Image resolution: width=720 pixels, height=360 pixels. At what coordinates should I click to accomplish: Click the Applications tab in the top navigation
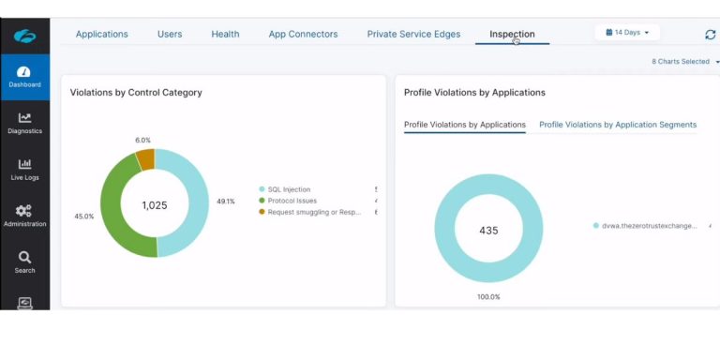pos(101,35)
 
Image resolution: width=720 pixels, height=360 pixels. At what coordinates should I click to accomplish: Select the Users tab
pos(170,35)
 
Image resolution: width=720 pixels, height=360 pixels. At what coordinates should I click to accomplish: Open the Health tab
pos(225,35)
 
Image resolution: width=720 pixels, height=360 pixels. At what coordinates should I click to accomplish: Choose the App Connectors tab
pos(303,35)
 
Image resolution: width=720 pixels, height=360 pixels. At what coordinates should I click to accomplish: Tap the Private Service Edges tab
pos(413,35)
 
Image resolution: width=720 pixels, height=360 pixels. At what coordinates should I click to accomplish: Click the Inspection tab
pos(512,35)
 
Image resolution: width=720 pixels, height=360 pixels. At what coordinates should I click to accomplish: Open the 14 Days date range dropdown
pos(627,33)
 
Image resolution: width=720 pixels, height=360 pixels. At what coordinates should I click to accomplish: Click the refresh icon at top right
pos(710,35)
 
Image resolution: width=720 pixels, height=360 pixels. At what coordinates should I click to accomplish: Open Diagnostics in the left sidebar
pos(24,123)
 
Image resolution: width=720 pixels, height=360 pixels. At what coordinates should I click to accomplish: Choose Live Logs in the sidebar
pos(24,169)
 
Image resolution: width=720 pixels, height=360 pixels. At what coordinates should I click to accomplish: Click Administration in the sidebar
pos(24,216)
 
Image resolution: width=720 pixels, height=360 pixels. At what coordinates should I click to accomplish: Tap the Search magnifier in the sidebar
pos(24,262)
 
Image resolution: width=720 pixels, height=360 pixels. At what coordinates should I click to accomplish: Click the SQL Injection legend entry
pos(289,189)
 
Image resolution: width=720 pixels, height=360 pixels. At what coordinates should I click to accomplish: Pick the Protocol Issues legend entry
pos(292,201)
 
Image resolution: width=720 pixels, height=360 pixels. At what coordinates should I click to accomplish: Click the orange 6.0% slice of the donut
pos(145,159)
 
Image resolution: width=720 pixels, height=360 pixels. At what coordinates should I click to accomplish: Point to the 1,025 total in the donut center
pos(155,205)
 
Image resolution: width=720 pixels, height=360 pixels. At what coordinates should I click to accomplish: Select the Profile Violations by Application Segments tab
pos(618,125)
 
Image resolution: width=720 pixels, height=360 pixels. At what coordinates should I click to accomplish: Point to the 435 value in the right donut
pos(488,231)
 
